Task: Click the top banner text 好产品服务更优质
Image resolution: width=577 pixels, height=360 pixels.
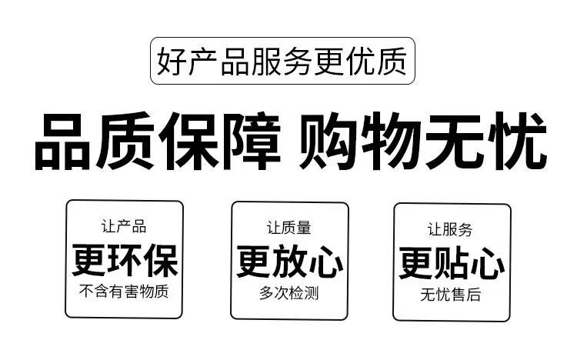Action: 282,61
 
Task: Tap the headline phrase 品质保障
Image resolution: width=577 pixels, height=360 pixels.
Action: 157,142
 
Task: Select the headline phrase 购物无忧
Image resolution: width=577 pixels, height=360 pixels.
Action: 422,142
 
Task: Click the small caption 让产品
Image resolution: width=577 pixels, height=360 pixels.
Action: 124,227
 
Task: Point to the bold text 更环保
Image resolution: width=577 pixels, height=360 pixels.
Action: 125,259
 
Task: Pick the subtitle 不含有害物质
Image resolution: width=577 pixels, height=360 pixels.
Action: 124,292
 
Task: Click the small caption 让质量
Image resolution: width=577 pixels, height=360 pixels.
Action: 289,228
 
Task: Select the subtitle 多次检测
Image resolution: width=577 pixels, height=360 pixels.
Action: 289,293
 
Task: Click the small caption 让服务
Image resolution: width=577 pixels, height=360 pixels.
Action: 451,228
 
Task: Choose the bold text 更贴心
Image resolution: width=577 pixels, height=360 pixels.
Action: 452,262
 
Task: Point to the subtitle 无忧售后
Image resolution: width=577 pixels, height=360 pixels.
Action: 451,295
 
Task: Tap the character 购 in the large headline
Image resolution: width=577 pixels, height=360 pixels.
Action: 330,142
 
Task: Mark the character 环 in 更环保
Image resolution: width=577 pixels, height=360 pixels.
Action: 125,259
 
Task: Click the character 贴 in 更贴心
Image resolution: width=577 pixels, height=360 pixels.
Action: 452,262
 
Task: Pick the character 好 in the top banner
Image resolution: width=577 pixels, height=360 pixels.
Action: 170,61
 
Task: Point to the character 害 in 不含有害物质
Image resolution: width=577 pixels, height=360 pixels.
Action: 131,292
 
